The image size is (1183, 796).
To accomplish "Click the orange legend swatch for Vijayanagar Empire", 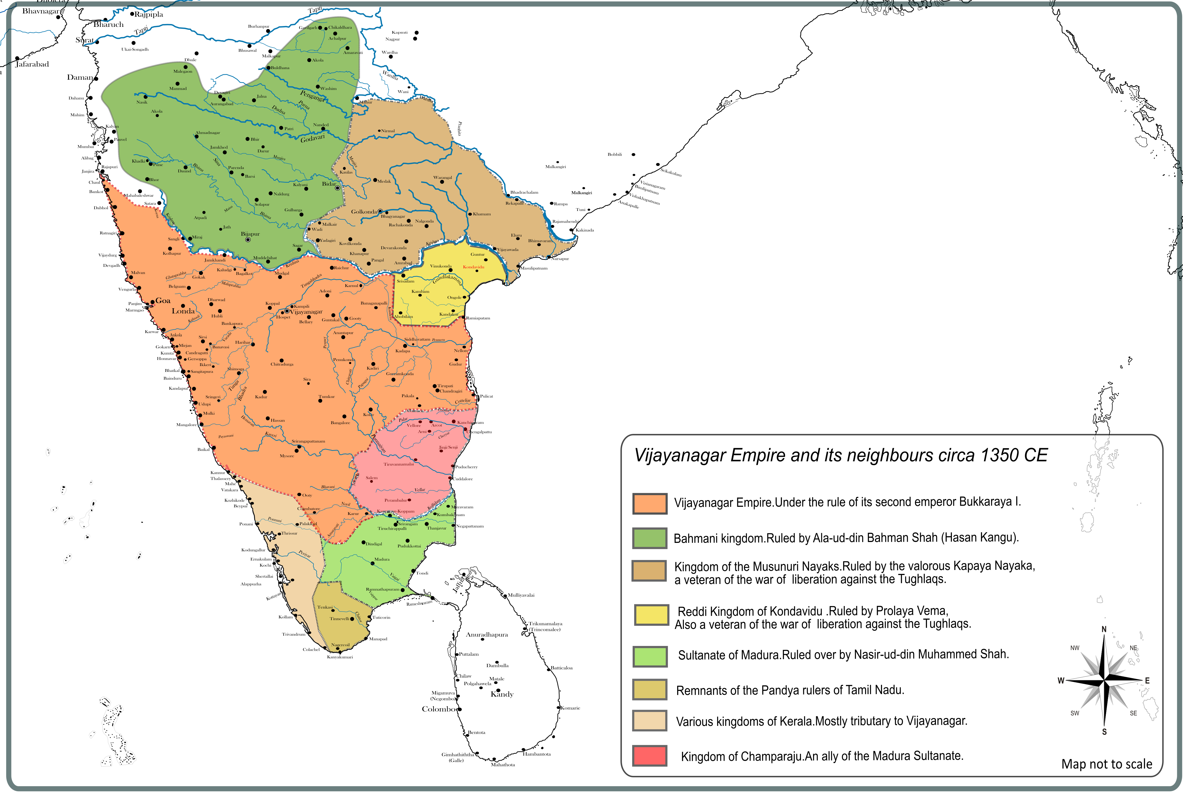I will (x=649, y=503).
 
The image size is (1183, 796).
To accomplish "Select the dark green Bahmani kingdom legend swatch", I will (x=649, y=538).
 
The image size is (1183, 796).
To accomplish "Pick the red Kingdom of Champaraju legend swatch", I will (x=649, y=755).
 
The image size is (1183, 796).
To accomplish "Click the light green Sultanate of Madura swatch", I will (x=649, y=656).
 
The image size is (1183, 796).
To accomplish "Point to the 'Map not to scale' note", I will (x=1106, y=764).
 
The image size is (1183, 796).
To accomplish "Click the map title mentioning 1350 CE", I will (x=841, y=455).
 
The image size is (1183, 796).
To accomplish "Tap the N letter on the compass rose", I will (x=1104, y=629).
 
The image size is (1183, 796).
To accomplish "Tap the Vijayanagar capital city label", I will (x=306, y=312).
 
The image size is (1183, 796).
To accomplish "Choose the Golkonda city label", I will (x=364, y=212).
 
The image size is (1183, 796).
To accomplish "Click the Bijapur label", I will (x=250, y=234).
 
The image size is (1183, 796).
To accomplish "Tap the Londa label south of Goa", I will (x=183, y=311).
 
